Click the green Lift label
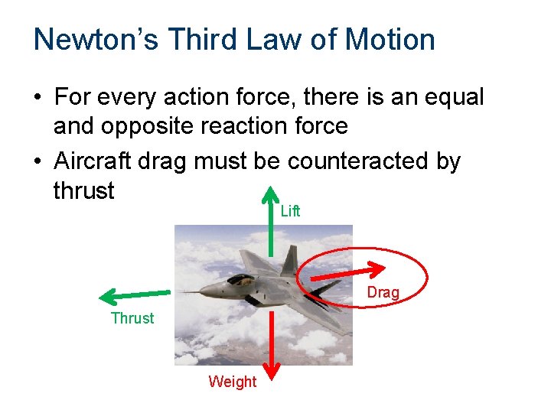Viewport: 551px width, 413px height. [290, 211]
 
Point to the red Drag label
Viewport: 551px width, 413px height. [383, 292]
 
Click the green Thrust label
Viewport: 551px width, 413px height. [132, 318]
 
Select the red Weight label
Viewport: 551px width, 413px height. [232, 382]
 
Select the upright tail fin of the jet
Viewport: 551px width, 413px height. [289, 260]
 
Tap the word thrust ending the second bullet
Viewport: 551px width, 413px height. [83, 190]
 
